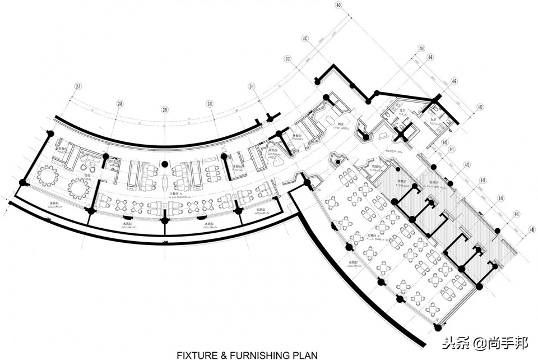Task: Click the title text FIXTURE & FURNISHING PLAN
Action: [247, 355]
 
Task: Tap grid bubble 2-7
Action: [78, 86]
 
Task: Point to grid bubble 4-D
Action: [338, 6]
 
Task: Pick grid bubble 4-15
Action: [516, 214]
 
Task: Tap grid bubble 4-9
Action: [454, 81]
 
